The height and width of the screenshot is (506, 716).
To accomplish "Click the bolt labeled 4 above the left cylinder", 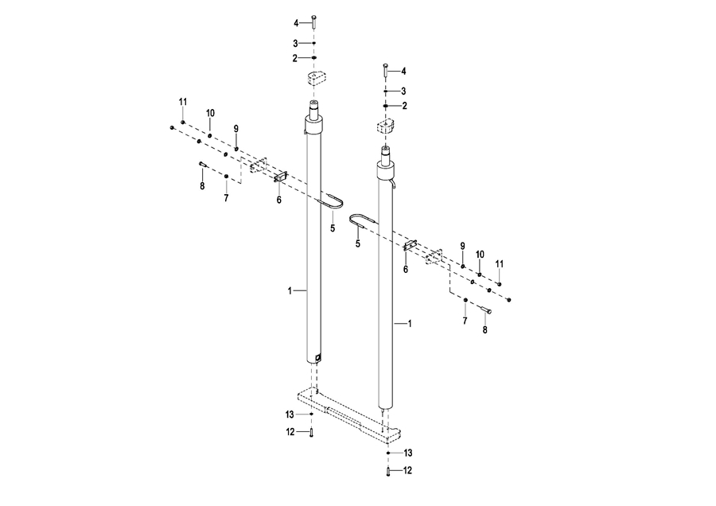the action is (314, 21).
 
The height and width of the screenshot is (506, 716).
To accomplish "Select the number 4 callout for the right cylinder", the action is (403, 72).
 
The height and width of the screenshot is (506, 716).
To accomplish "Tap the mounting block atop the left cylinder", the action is (314, 79).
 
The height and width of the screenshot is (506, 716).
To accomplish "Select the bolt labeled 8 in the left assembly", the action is (203, 165).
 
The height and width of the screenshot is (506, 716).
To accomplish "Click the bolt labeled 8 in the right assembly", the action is (486, 310).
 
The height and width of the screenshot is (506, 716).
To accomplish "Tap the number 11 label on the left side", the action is (183, 102).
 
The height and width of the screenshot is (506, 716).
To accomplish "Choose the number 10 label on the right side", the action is (480, 255).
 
